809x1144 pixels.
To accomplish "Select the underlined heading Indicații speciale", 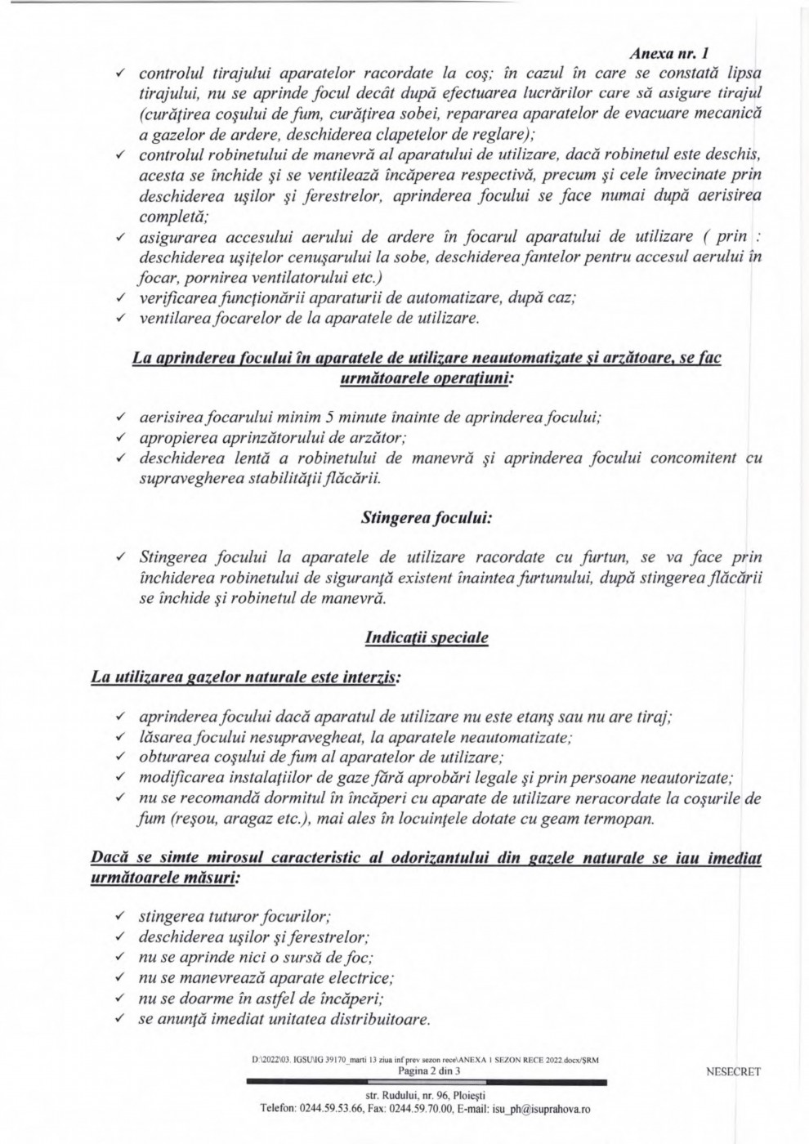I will (x=427, y=637).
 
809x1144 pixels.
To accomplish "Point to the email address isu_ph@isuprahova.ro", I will (x=541, y=1110).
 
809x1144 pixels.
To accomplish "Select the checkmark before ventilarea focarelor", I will (x=120, y=318).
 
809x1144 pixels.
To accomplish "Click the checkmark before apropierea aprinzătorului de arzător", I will (x=120, y=438).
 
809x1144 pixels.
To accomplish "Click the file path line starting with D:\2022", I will (x=426, y=1061).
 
